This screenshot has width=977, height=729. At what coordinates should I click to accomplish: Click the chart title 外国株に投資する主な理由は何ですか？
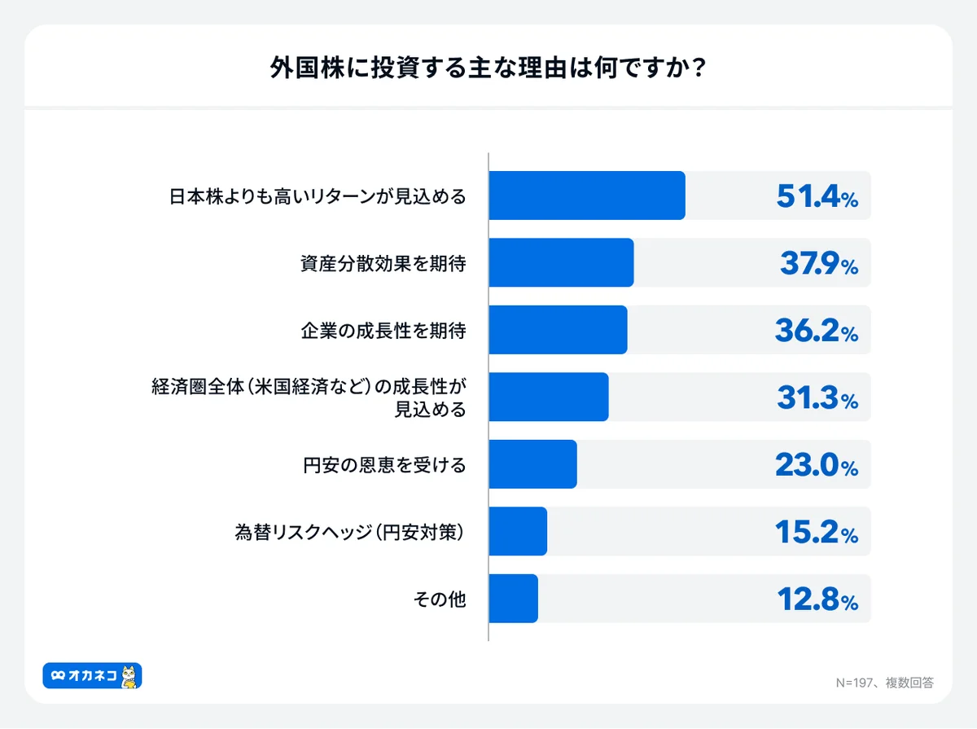488,68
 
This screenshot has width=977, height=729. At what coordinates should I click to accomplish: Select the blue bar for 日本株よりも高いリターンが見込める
587,195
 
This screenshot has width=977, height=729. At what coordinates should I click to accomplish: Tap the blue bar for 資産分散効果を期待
561,263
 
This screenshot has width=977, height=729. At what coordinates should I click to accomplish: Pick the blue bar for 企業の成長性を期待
558,330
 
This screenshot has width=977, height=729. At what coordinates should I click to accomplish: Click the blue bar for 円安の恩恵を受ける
532,464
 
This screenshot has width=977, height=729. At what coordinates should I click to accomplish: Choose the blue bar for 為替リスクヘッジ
518,531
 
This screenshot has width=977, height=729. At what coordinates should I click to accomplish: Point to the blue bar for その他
513,599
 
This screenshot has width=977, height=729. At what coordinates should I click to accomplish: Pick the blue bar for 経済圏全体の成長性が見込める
549,397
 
